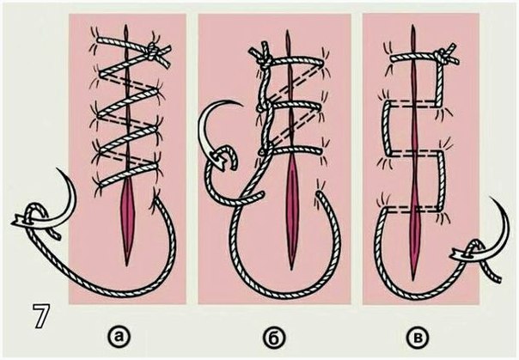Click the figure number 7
pyautogui.click(x=42, y=316)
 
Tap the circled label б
pyautogui.click(x=275, y=337)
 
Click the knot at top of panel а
pyautogui.click(x=152, y=52)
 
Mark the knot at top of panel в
pyautogui.click(x=440, y=57)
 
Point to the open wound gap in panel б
pyautogui.click(x=291, y=211)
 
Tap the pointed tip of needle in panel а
pyautogui.click(x=58, y=169)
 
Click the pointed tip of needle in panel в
pyautogui.click(x=490, y=198)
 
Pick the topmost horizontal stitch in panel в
pyautogui.click(x=415, y=57)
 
